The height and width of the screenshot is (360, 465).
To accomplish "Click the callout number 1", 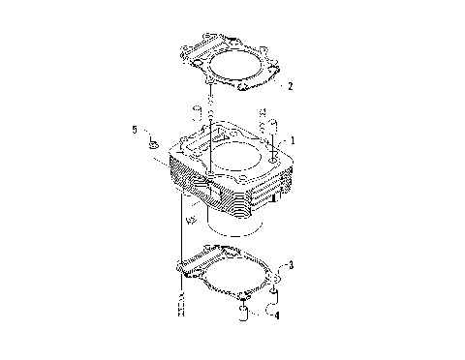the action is pos(292,141).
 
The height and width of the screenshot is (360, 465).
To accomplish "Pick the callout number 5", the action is pos(136,129).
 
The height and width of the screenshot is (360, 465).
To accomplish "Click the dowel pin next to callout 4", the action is pos(245,310).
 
